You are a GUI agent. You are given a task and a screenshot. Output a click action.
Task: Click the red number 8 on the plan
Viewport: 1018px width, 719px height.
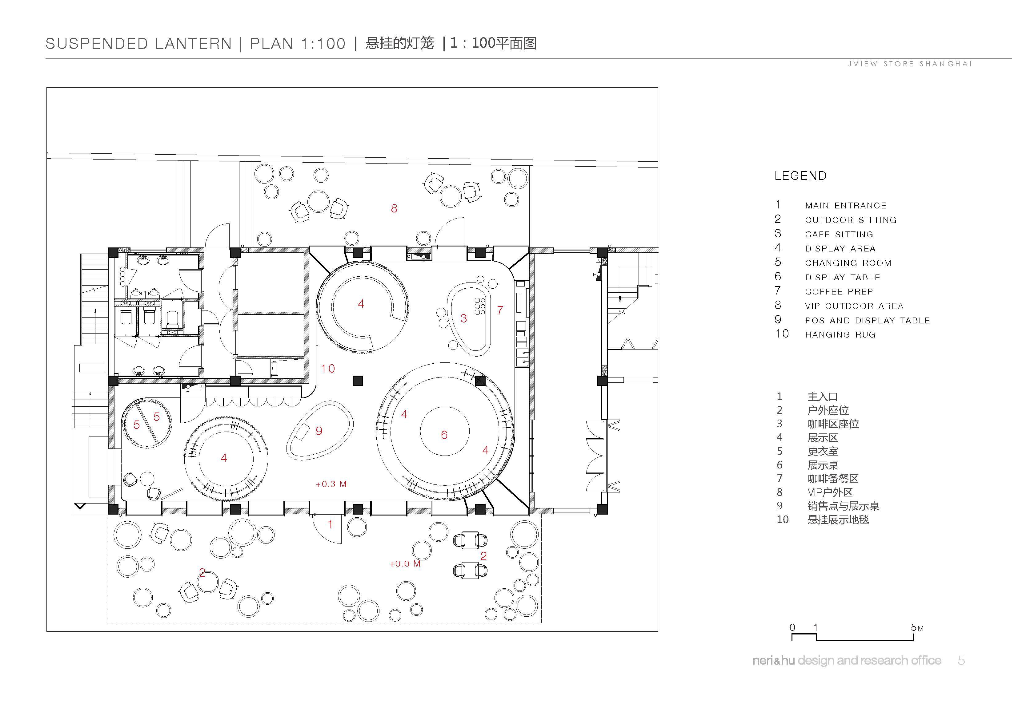coord(394,208)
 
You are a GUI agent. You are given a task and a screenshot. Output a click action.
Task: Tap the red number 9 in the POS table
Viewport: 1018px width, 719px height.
coord(319,431)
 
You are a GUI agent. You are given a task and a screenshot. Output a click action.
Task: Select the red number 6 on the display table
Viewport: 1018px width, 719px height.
coord(444,435)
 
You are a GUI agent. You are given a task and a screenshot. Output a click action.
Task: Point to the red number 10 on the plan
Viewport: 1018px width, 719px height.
coord(328,369)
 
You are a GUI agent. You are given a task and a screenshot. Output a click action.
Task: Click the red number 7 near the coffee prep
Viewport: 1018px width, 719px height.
coord(500,310)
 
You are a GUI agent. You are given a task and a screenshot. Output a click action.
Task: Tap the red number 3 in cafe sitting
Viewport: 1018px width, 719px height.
coord(463,318)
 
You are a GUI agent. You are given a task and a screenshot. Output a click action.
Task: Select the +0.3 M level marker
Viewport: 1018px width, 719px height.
coord(331,484)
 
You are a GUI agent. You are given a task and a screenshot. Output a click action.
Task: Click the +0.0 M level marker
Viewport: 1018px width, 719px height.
coord(405,564)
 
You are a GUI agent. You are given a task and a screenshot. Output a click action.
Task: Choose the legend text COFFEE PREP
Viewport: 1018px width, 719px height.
coord(839,291)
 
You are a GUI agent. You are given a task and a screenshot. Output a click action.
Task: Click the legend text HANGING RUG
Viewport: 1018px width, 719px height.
coord(840,334)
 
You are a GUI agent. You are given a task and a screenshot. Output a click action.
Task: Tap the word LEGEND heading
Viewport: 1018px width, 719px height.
coord(800,176)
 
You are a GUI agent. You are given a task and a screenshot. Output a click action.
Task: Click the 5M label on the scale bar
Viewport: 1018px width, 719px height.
coord(917,627)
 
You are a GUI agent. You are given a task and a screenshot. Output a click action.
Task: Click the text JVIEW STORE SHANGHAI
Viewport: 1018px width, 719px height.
coord(910,64)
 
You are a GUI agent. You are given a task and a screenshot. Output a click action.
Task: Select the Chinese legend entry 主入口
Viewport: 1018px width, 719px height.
coord(823,397)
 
